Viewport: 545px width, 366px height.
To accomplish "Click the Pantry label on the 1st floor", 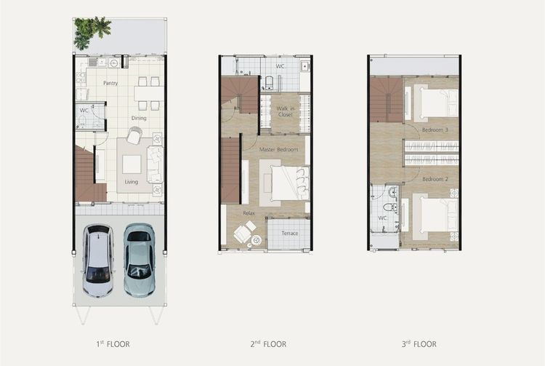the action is [110, 83].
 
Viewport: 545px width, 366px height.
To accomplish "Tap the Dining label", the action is [139, 119].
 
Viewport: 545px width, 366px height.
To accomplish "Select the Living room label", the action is [132, 182].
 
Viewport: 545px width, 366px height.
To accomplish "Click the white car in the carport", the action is [98, 260].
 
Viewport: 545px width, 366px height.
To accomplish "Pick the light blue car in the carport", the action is [140, 260].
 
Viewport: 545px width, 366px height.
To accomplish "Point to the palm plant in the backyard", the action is [92, 32].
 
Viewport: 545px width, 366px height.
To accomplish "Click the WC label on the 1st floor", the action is [84, 111].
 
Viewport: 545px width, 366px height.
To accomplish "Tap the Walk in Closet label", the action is [286, 111].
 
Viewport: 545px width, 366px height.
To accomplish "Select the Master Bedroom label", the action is [279, 150].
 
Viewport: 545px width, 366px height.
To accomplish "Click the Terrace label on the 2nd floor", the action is [289, 234].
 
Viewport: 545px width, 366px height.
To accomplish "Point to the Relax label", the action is [249, 213].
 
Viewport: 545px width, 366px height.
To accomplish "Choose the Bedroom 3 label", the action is [435, 130].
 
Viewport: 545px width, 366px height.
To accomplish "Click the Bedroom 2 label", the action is [435, 179].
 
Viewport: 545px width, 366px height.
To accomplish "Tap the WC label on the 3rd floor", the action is [382, 218].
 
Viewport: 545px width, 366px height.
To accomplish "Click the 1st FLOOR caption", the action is [113, 344].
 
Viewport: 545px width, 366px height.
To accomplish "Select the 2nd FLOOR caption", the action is [268, 344].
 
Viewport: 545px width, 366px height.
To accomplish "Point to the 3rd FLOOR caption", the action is [419, 344].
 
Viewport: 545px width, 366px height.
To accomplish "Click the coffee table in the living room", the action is [132, 164].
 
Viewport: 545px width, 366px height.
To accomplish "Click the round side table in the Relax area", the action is [257, 239].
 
